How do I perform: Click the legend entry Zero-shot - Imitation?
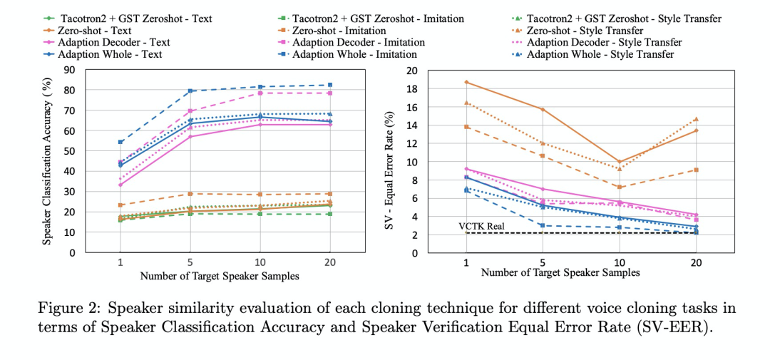click(x=339, y=31)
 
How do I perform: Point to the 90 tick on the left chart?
click(x=71, y=70)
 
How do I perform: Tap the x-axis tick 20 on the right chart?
click(x=697, y=262)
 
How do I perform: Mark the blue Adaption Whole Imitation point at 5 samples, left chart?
click(x=190, y=91)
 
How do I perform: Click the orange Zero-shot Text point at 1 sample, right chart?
click(x=466, y=82)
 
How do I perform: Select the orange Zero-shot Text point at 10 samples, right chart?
click(x=620, y=162)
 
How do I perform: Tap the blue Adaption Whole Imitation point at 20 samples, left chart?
click(x=329, y=85)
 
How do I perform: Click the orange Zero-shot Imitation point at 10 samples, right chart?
click(x=620, y=187)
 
